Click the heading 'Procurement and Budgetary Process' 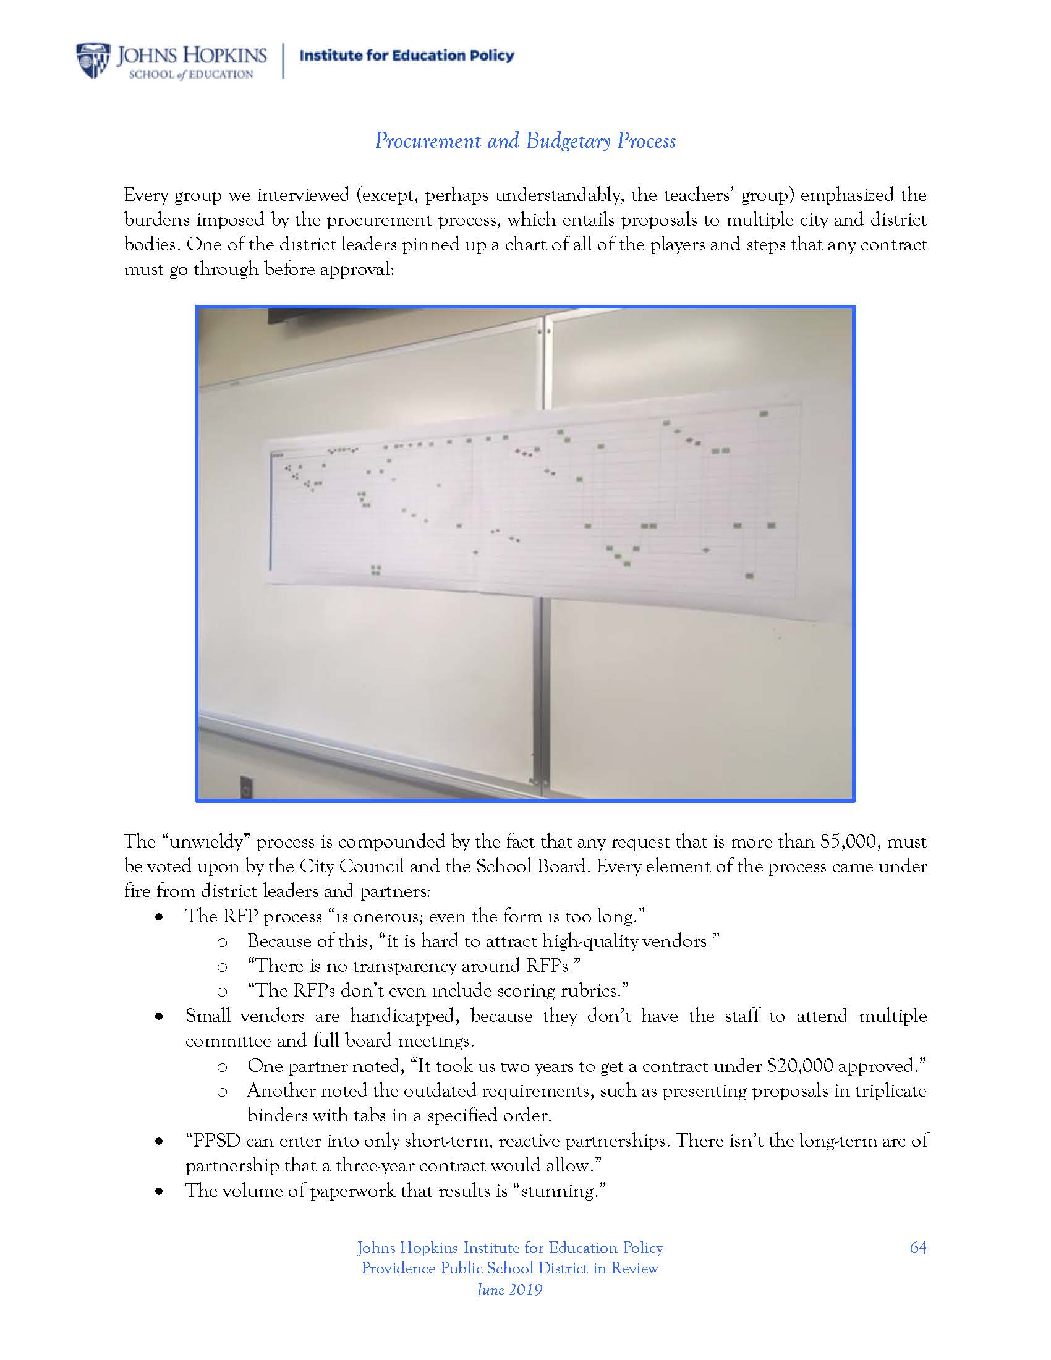coord(525,141)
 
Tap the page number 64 coord(917,1247)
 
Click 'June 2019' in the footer coord(509,1290)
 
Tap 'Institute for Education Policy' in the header coord(407,56)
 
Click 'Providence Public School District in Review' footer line coord(509,1269)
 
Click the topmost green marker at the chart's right coord(765,414)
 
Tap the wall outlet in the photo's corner coord(247,788)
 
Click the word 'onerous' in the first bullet coord(382,917)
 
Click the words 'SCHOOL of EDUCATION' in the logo coord(190,75)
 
